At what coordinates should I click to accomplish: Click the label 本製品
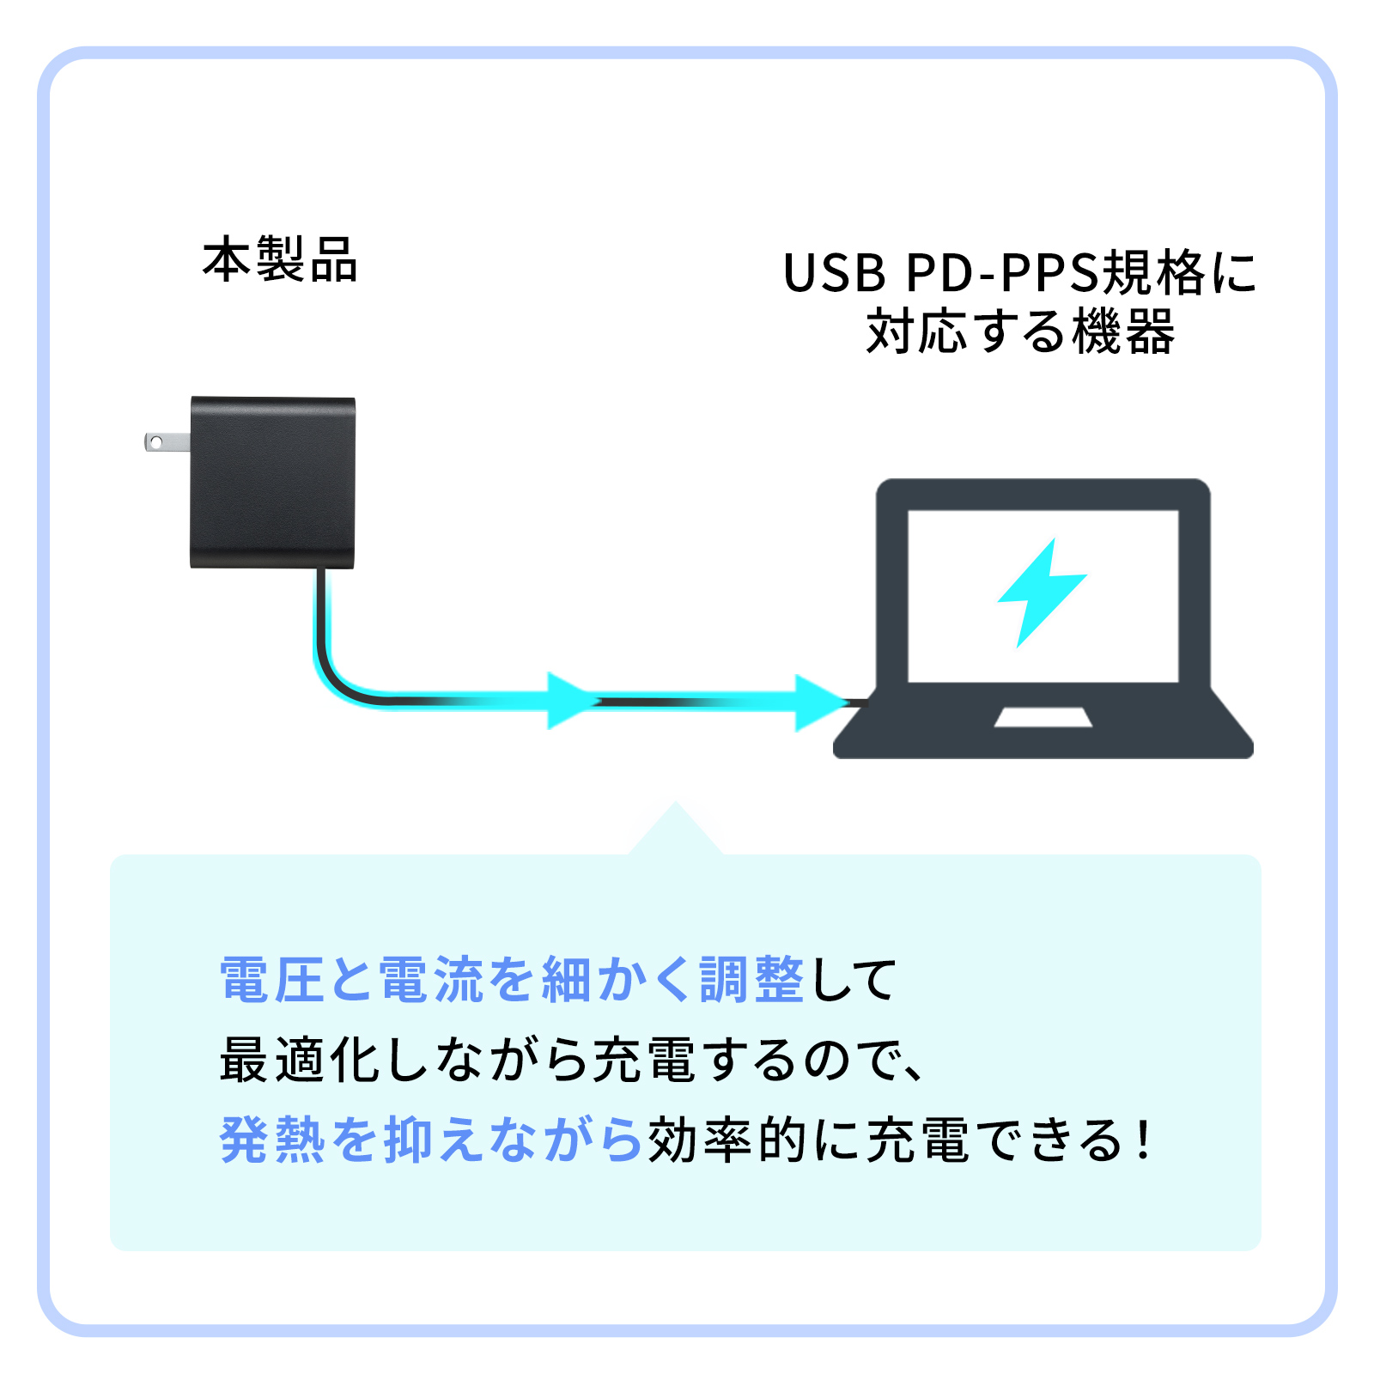[280, 260]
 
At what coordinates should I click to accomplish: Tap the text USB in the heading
[834, 274]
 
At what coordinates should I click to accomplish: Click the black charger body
[272, 481]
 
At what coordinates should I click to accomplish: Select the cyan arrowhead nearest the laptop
[818, 702]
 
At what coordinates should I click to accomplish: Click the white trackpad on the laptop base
[1043, 717]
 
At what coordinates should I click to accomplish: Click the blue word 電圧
[271, 980]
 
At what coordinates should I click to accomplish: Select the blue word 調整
[752, 980]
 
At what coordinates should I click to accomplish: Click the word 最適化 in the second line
[300, 1060]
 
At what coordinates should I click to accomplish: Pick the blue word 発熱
[272, 1140]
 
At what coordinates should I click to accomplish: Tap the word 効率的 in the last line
[727, 1140]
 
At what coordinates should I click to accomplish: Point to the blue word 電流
[432, 980]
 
